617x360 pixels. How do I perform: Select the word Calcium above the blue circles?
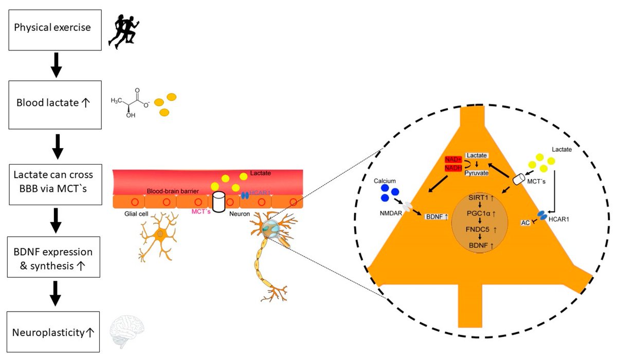pyautogui.click(x=387, y=181)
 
